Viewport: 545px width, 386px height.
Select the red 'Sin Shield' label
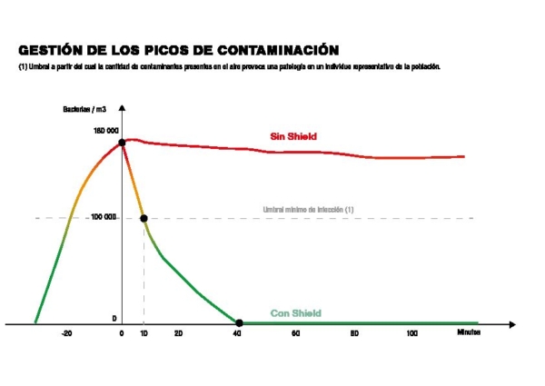tap(293, 137)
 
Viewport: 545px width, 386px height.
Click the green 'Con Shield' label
tap(296, 314)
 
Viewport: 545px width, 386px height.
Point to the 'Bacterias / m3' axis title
tap(84, 110)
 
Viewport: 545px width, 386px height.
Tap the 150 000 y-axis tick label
tap(106, 131)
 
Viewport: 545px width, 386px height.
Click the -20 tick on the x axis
tap(66, 334)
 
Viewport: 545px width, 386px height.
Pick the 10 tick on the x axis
tap(144, 334)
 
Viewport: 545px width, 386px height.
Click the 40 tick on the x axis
tap(237, 334)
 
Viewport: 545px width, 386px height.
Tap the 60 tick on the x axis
tap(296, 334)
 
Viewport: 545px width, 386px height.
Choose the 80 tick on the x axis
tap(354, 334)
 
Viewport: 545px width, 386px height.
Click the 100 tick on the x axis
tap(412, 334)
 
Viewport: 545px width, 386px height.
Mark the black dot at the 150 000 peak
tap(122, 143)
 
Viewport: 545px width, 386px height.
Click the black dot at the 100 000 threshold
tap(144, 218)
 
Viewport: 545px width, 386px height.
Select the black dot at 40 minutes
tap(239, 322)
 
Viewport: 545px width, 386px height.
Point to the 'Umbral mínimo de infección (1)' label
tap(308, 210)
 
